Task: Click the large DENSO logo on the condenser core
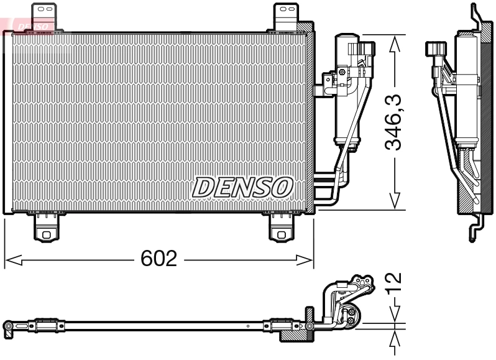(x=242, y=187)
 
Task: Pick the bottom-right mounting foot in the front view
(x=283, y=228)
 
